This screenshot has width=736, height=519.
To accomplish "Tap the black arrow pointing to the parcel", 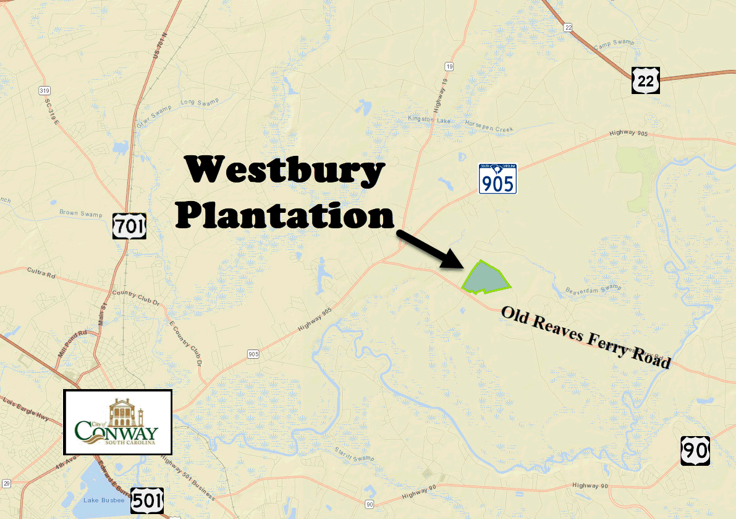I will pyautogui.click(x=429, y=249).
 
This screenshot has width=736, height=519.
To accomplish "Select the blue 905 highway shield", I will pyautogui.click(x=497, y=179).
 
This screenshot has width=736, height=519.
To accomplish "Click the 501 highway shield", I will pyautogui.click(x=147, y=500).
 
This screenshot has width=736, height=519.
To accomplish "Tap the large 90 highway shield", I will pyautogui.click(x=695, y=451).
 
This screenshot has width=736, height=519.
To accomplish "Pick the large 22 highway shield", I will pyautogui.click(x=646, y=80).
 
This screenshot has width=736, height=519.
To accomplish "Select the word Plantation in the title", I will pyautogui.click(x=284, y=215).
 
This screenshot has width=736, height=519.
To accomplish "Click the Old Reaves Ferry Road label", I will pyautogui.click(x=585, y=337).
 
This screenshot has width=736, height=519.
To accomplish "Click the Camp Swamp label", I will pyautogui.click(x=614, y=45).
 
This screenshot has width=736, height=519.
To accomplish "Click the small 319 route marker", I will pyautogui.click(x=44, y=90).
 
